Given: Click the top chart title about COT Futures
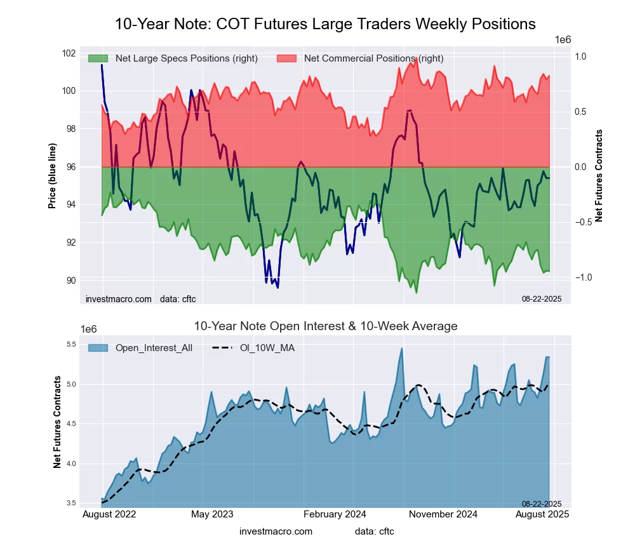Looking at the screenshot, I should (x=325, y=24).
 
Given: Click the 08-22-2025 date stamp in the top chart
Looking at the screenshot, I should (x=542, y=298).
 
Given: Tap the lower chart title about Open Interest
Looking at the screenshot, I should (x=325, y=326).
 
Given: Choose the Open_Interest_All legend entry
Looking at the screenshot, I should (x=154, y=348).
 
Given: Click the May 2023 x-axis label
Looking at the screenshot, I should (x=212, y=514).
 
